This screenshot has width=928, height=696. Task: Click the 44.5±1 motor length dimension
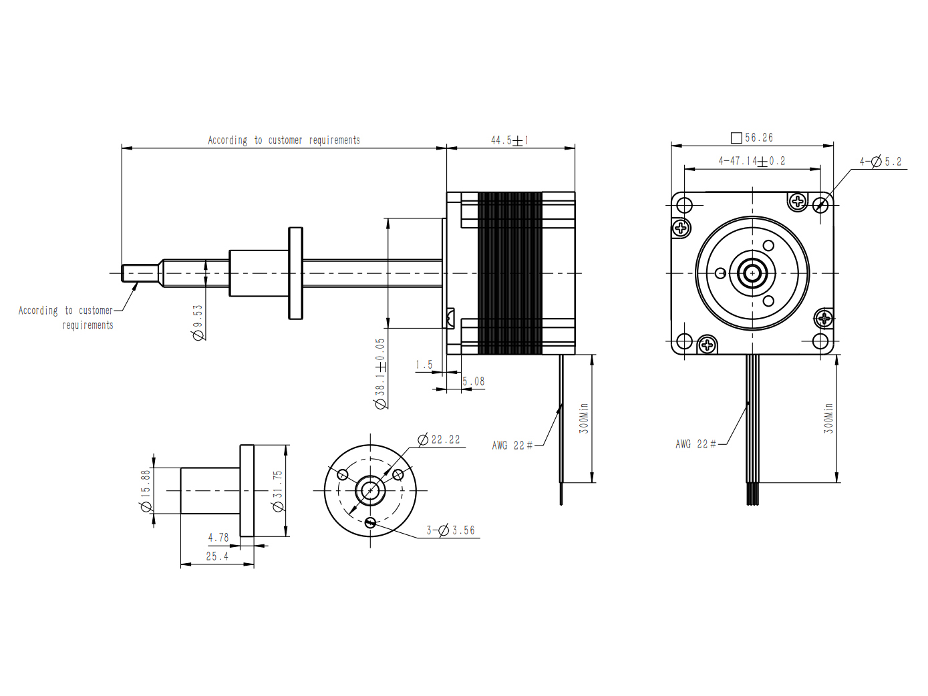tap(510, 140)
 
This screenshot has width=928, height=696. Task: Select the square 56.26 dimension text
tap(752, 138)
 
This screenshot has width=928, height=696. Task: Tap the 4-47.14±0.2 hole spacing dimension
tap(752, 161)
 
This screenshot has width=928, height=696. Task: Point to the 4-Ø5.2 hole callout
tap(880, 162)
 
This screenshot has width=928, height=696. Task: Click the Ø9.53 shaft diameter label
tap(198, 323)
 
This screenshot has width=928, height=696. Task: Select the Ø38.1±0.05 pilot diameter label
tap(380, 373)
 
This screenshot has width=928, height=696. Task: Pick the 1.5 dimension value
tap(424, 365)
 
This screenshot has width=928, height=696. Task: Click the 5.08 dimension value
tap(473, 381)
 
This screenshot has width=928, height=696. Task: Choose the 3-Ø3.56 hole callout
tap(451, 530)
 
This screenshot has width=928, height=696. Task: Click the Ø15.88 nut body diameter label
tap(146, 490)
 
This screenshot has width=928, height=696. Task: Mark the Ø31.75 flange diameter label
tap(278, 491)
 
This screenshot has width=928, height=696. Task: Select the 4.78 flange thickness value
tap(218, 538)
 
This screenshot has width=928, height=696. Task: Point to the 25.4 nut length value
tap(217, 556)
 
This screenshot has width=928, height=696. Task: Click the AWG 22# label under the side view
tap(512, 446)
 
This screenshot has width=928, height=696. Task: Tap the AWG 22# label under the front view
tap(696, 444)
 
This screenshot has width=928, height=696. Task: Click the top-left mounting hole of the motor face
tap(685, 205)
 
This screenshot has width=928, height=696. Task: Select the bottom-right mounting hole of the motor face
tap(820, 341)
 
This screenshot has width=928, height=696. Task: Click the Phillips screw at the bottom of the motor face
tap(707, 345)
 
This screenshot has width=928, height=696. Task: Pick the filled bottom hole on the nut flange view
tap(370, 523)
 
